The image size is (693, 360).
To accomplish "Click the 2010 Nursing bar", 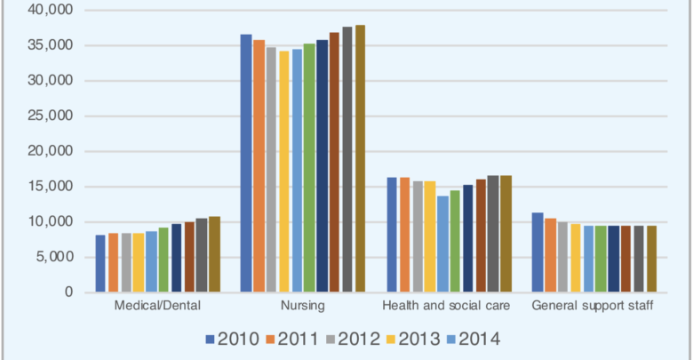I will coord(246,164).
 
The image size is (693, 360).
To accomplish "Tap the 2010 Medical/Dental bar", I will coord(100,263).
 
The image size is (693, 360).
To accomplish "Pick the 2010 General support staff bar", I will coord(538,252).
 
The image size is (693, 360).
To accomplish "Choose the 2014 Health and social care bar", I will coord(443,244).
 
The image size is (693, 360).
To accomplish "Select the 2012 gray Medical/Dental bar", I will coord(126,262).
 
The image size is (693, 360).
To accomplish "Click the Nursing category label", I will coord(303,306).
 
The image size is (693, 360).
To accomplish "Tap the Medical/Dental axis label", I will coord(157,306).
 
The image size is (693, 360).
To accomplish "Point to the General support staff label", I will coord(593,306).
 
